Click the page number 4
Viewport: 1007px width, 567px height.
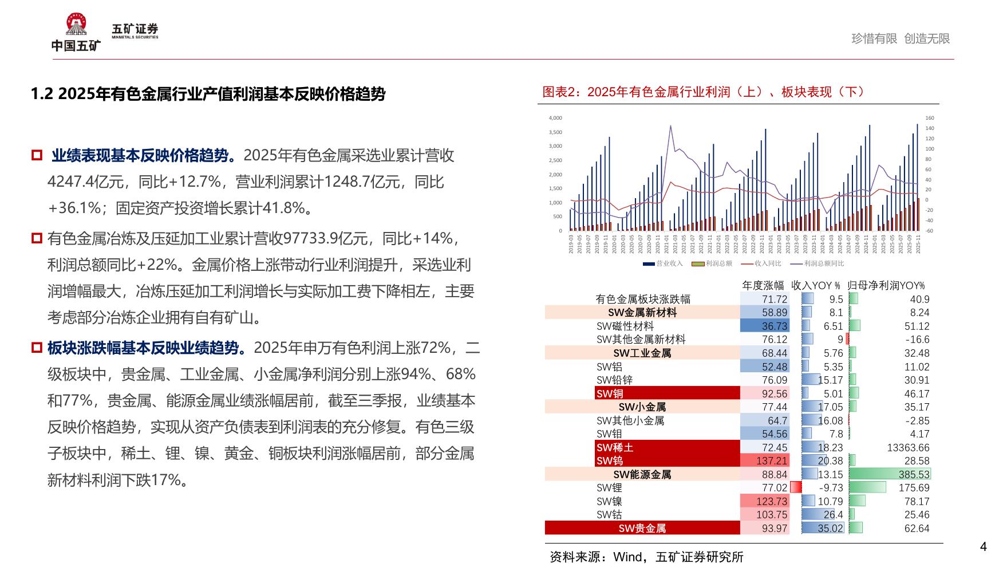click(984, 546)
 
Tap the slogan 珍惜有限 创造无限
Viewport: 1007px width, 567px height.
click(901, 38)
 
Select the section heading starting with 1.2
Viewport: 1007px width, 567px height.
click(208, 94)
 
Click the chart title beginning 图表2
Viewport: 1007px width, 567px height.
click(704, 92)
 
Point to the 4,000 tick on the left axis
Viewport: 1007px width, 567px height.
click(555, 118)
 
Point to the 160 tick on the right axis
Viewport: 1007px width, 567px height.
click(929, 118)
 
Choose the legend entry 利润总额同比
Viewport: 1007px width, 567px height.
click(823, 263)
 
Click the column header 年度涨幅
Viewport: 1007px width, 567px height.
click(763, 285)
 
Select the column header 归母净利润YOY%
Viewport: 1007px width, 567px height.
click(886, 285)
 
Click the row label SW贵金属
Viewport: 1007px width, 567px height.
click(642, 528)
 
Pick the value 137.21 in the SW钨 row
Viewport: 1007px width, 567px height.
click(772, 461)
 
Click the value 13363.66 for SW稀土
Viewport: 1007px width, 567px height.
click(908, 447)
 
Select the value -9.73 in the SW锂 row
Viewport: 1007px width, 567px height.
click(831, 488)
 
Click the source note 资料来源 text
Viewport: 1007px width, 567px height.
click(646, 557)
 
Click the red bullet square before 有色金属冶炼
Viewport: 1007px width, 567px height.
click(37, 238)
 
